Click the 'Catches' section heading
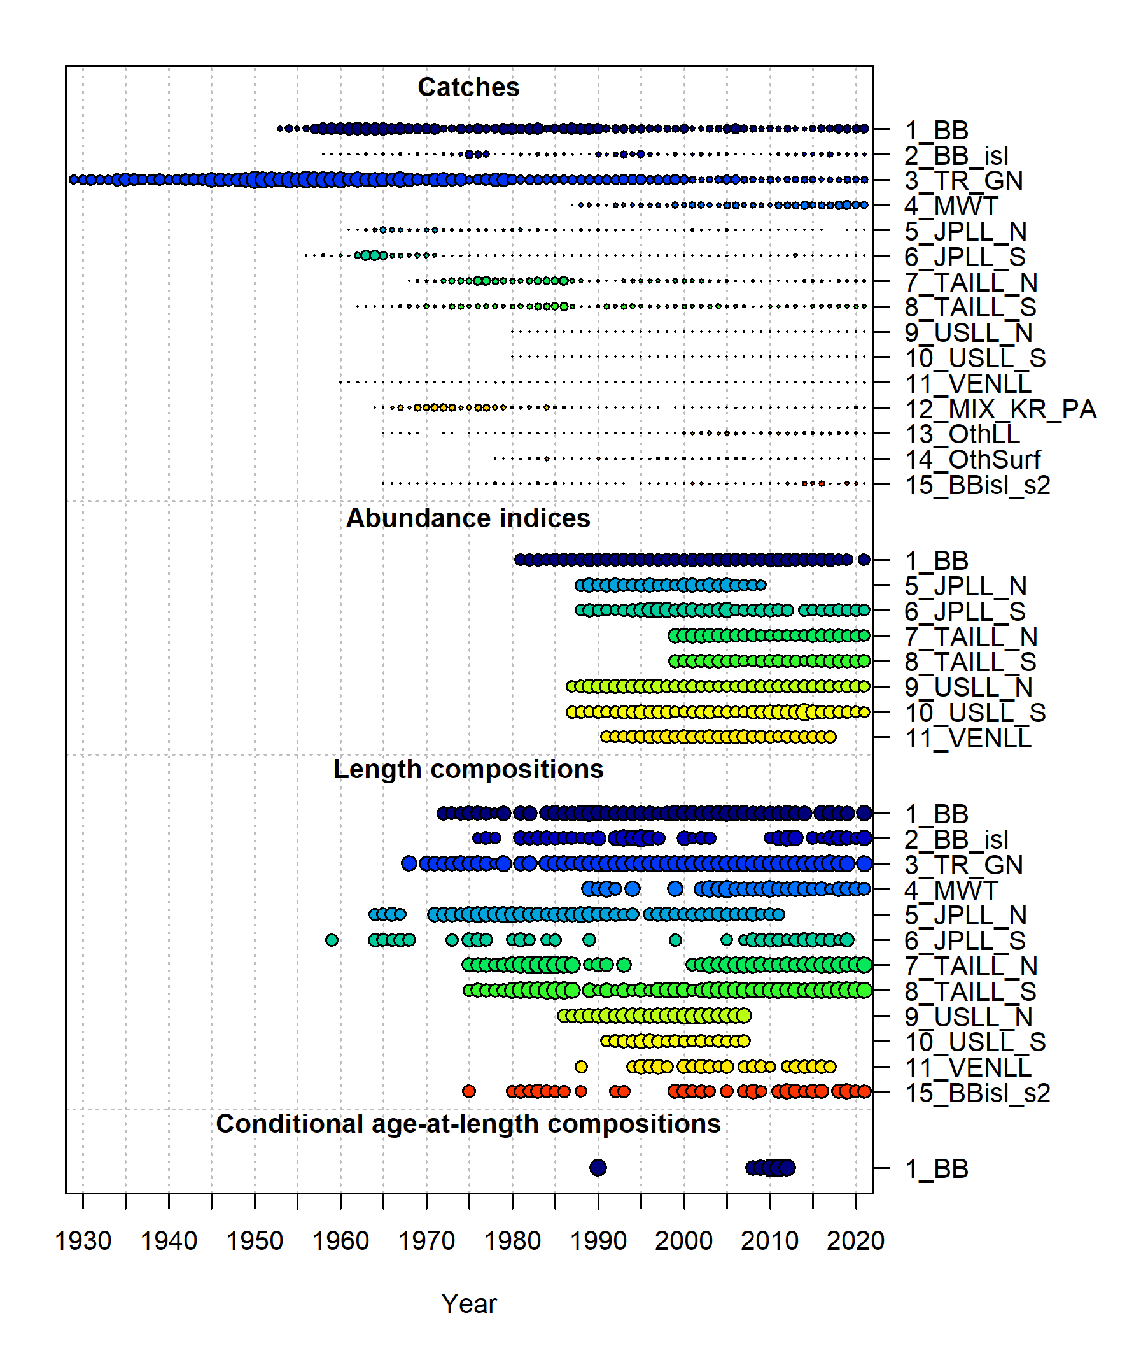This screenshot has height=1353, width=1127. pos(468,87)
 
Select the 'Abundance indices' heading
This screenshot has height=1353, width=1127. pos(468,518)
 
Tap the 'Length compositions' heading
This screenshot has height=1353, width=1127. pos(468,769)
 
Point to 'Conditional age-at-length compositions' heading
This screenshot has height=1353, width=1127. pos(468,1123)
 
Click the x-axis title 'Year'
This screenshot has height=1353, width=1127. pos(468,1303)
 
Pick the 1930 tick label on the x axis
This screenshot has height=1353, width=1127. pos(83,1240)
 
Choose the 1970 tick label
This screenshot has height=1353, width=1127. pos(426,1240)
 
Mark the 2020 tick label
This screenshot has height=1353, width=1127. pos(855,1240)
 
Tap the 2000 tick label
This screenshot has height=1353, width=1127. pos(683,1240)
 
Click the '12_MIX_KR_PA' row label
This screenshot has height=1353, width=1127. pos(1000,409)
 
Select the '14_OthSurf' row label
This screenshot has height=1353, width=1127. pos(972,459)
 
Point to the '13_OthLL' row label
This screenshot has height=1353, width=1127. pos(962,434)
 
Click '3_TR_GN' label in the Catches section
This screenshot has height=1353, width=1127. pos(963,180)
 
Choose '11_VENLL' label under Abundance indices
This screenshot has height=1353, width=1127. pos(968,738)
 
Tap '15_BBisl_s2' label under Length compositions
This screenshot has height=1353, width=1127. pos(977,1093)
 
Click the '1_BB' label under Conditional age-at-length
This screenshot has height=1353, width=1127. pos(936,1168)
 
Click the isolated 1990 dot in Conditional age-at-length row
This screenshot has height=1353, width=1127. pos(598,1167)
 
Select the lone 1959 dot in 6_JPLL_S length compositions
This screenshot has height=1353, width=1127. pos(332,940)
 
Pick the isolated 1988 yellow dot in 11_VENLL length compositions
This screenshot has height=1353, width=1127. pos(581,1066)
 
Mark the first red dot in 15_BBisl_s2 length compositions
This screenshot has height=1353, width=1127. pos(469,1091)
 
